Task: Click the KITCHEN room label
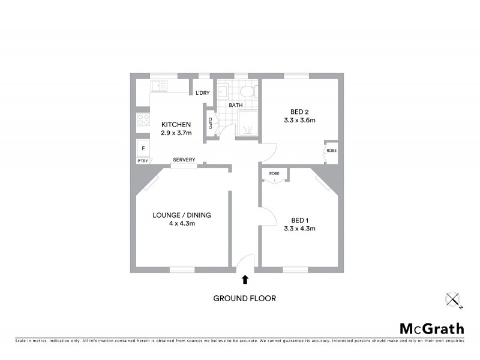(176, 124)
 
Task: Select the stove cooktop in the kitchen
(143, 119)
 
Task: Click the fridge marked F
(143, 148)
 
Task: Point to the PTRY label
(142, 161)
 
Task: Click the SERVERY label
(184, 160)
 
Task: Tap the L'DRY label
(203, 93)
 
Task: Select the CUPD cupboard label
(210, 123)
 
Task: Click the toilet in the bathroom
(247, 91)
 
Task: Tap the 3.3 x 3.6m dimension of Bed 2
(299, 120)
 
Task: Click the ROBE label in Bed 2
(331, 151)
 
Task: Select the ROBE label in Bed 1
(274, 173)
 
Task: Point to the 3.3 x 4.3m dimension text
(299, 228)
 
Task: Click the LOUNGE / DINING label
(182, 215)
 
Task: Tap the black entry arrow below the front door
(245, 279)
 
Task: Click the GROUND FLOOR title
(245, 298)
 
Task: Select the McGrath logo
(431, 328)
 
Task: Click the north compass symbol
(453, 299)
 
